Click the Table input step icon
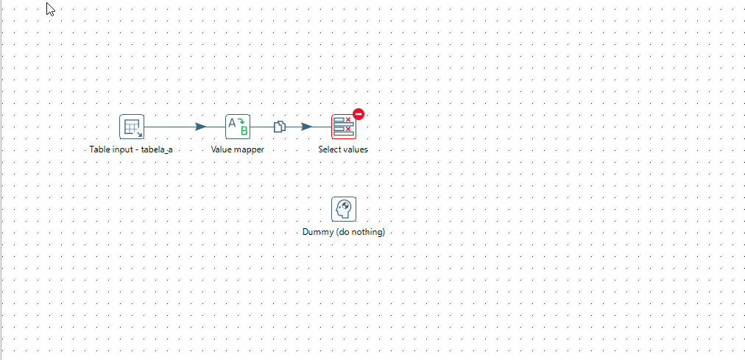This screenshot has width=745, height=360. (x=132, y=127)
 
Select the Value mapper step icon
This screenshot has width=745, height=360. (x=238, y=127)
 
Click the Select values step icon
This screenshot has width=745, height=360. (x=343, y=127)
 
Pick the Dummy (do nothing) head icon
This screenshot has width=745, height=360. (x=343, y=209)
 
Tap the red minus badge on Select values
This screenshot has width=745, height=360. (x=359, y=114)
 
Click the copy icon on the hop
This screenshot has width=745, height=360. (x=280, y=127)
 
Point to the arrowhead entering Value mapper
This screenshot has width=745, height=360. (x=201, y=127)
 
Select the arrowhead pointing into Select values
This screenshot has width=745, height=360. (x=306, y=127)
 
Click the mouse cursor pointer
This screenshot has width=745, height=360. (x=51, y=10)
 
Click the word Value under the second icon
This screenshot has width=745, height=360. (x=222, y=149)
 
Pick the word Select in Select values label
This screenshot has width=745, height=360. (x=330, y=149)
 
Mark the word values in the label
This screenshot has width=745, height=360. (x=356, y=149)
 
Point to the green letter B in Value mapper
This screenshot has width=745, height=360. (x=244, y=131)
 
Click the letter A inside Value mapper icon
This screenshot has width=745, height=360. (x=232, y=123)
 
